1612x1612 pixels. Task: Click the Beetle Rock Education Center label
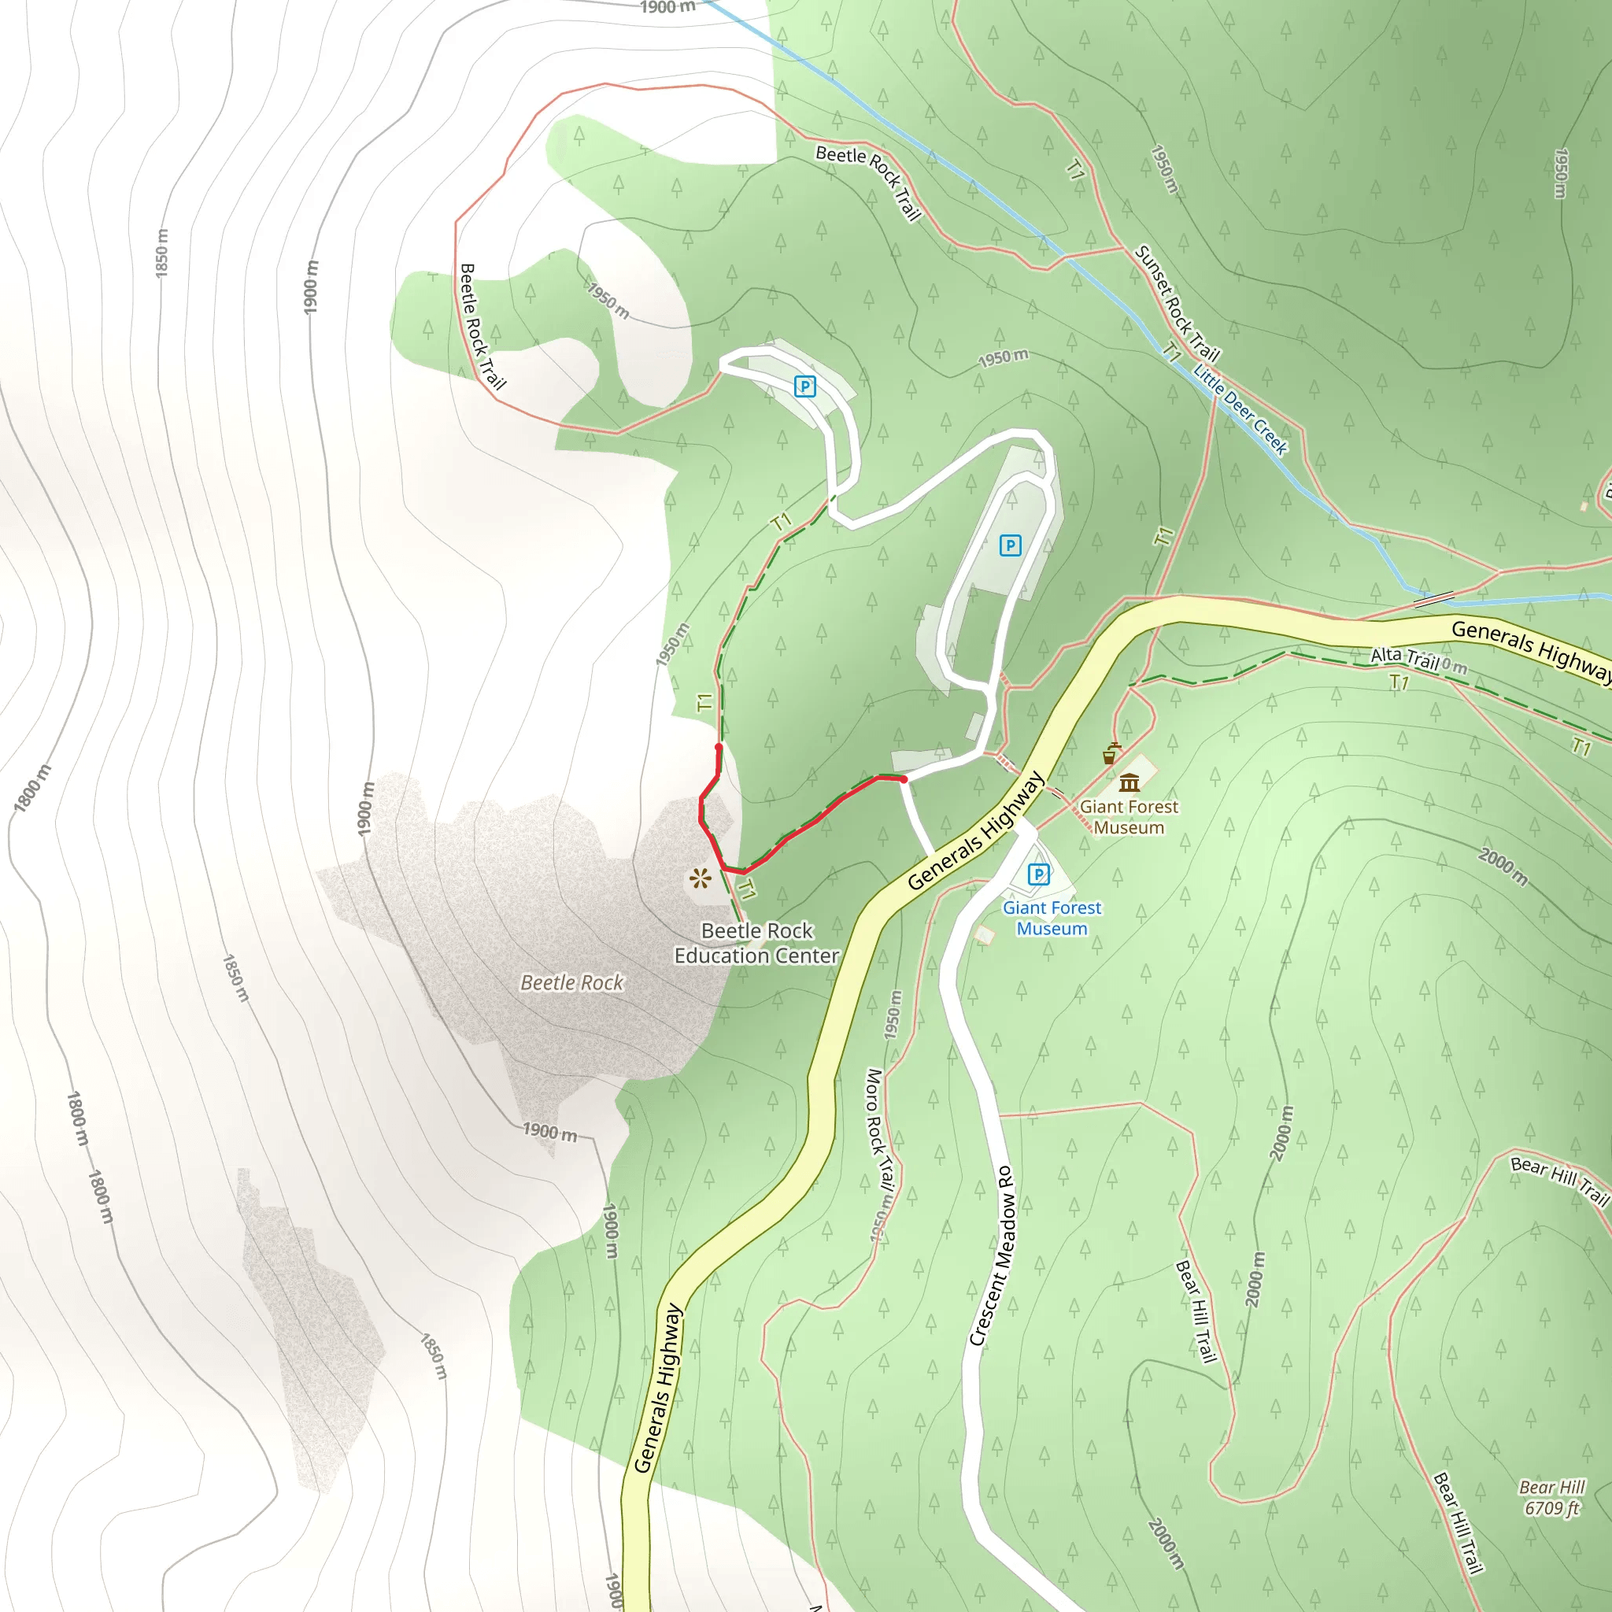tap(756, 943)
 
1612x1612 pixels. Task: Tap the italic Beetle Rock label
tap(571, 983)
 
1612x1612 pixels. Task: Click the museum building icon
tap(1130, 782)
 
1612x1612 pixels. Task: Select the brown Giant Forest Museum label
tap(1129, 817)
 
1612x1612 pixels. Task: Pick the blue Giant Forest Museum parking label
tap(1052, 918)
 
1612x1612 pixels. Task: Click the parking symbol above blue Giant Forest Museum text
tap(1038, 874)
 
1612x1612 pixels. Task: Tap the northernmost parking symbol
tap(804, 386)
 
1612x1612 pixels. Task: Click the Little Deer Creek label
tap(1240, 409)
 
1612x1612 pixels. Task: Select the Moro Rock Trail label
tap(879, 1130)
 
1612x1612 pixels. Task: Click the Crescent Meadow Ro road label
tap(993, 1255)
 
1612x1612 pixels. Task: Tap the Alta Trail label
tap(1405, 657)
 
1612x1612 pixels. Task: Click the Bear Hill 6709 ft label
tap(1551, 1498)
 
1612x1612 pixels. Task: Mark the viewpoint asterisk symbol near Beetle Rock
tap(699, 878)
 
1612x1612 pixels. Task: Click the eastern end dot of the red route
tap(904, 779)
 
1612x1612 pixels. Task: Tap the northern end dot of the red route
tap(719, 747)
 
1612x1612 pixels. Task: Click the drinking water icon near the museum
tap(1110, 754)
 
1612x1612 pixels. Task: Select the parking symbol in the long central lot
tap(1010, 545)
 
